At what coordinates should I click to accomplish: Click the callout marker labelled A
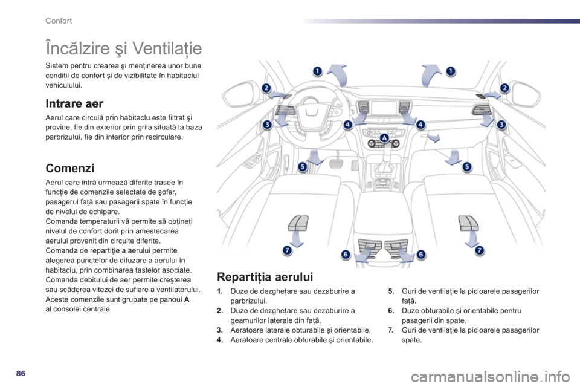pyautogui.click(x=384, y=138)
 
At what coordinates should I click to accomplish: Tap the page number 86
pyautogui.click(x=21, y=373)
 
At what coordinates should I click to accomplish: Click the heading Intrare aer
pyautogui.click(x=74, y=103)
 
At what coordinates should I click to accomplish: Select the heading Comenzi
pyautogui.click(x=70, y=168)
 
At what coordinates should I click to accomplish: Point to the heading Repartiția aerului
pyautogui.click(x=265, y=277)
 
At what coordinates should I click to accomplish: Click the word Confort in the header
pyautogui.click(x=59, y=21)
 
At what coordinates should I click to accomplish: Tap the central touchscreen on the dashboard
pyautogui.click(x=383, y=108)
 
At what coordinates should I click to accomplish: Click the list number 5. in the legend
pyautogui.click(x=391, y=291)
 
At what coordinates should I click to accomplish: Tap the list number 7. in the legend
pyautogui.click(x=391, y=330)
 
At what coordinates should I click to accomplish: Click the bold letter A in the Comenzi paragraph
pyautogui.click(x=187, y=299)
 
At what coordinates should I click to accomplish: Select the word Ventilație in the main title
pyautogui.click(x=167, y=48)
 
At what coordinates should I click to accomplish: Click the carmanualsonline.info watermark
pyautogui.click(x=491, y=377)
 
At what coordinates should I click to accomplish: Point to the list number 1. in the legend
pyautogui.click(x=220, y=291)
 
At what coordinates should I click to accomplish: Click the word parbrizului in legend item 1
pyautogui.click(x=248, y=301)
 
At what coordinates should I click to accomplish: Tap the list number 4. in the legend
pyautogui.click(x=220, y=340)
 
